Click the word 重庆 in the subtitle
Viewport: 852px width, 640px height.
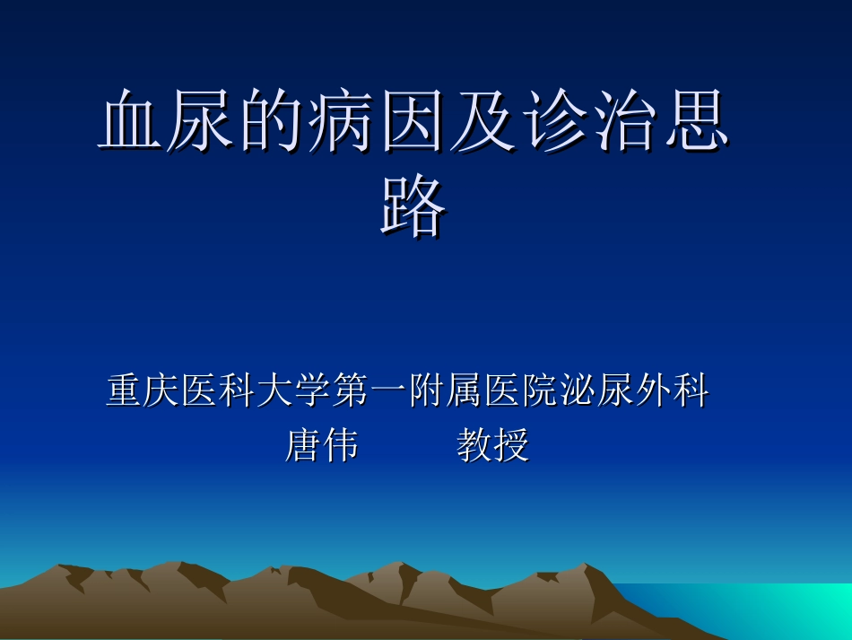coord(143,391)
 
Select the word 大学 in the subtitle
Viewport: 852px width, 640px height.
coord(294,391)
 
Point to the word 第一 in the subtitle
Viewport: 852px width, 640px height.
coord(369,391)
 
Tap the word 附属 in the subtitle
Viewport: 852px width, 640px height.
coord(445,391)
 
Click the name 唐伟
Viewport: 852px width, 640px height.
coord(321,445)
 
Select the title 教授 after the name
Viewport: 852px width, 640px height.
coord(493,445)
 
